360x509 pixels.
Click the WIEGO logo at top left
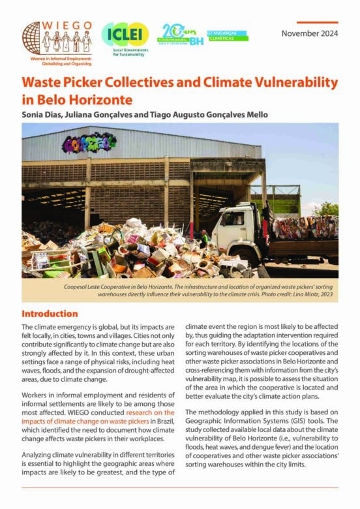(57, 39)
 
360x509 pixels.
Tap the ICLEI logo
(125, 33)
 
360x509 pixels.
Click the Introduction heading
(50, 313)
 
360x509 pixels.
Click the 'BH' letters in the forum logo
(196, 40)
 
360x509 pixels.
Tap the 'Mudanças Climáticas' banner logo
(227, 35)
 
